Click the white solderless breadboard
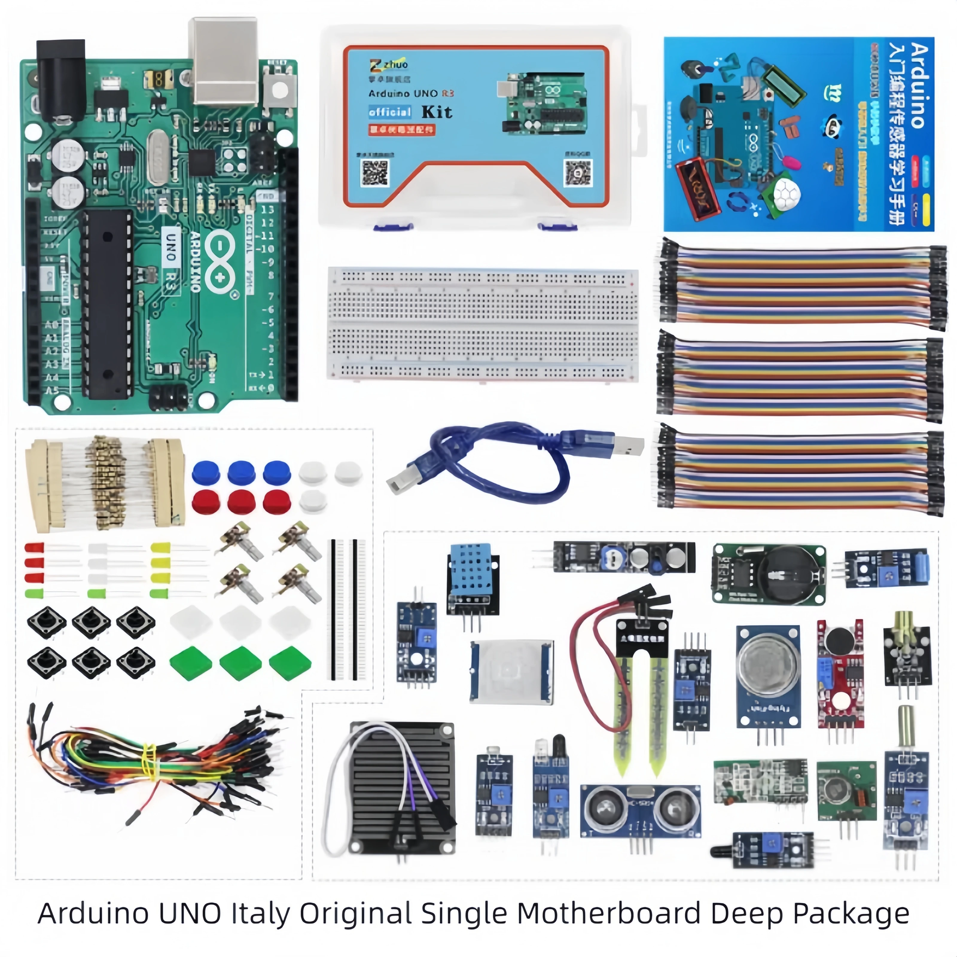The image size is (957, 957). click(x=482, y=324)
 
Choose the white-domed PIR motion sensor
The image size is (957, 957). click(x=511, y=671)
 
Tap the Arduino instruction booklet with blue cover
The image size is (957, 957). click(x=798, y=134)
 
